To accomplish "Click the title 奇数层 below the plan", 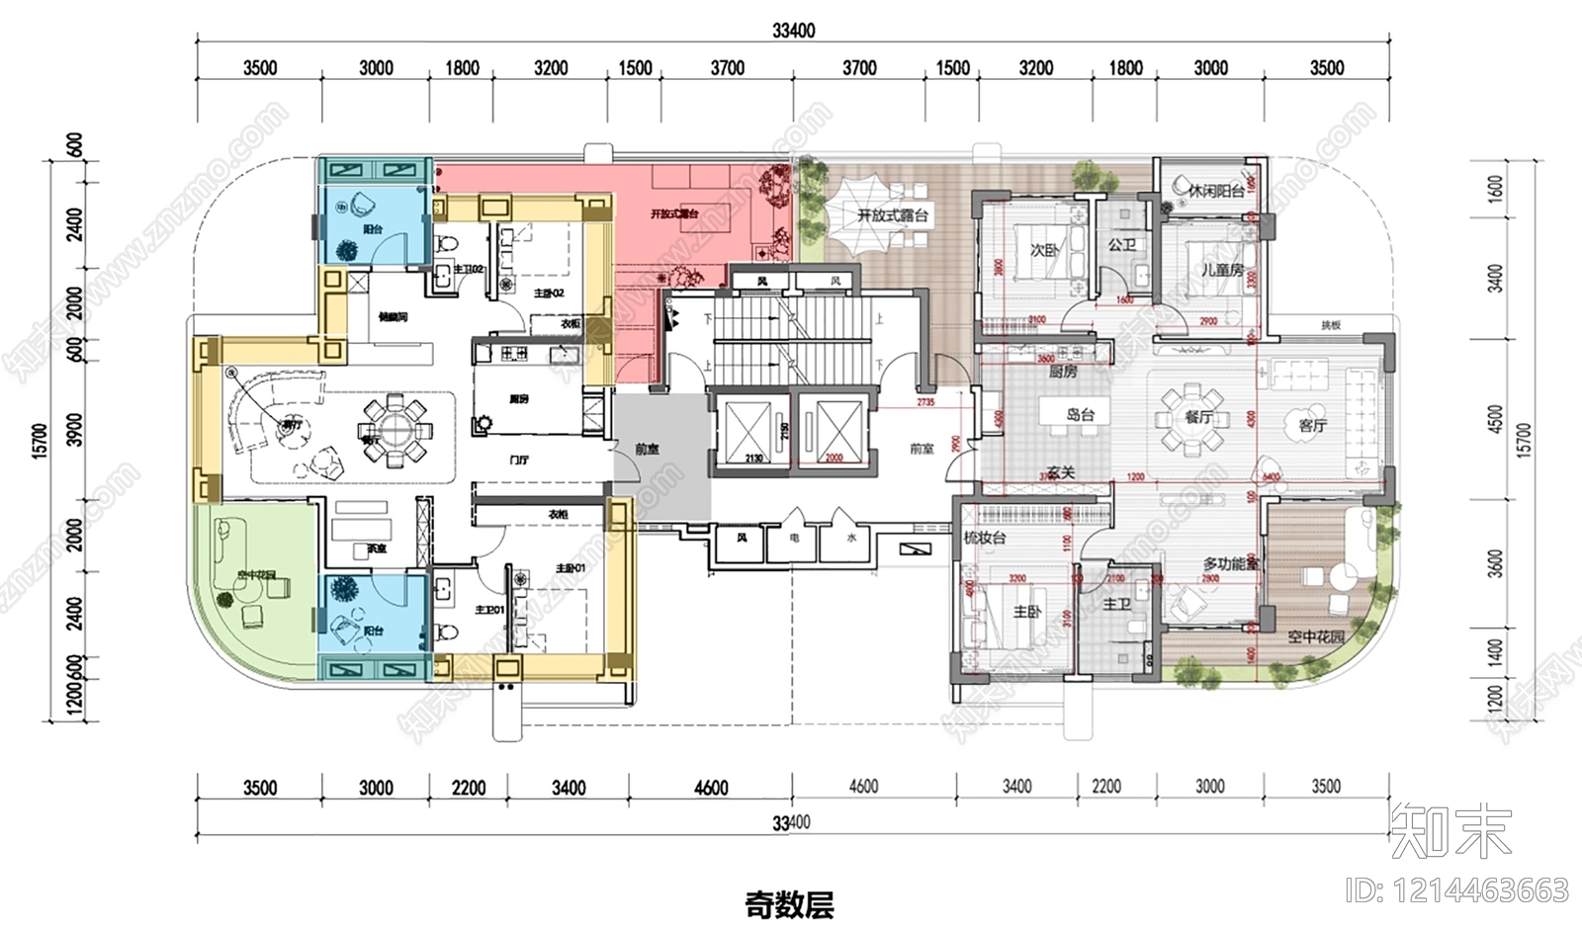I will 789,903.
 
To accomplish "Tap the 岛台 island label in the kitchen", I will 1080,414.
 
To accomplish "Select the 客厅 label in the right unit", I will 1312,426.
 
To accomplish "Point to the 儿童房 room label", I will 1222,269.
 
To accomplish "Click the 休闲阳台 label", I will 1215,192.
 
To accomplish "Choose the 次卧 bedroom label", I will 1045,250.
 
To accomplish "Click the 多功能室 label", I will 1230,564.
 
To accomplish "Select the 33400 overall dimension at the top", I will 793,31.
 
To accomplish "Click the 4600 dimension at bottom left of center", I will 711,788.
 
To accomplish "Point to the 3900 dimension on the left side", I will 75,429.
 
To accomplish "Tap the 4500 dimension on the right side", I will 1495,419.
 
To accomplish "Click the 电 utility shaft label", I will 795,538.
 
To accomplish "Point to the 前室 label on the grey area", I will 647,449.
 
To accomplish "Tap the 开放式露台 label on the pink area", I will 674,213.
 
